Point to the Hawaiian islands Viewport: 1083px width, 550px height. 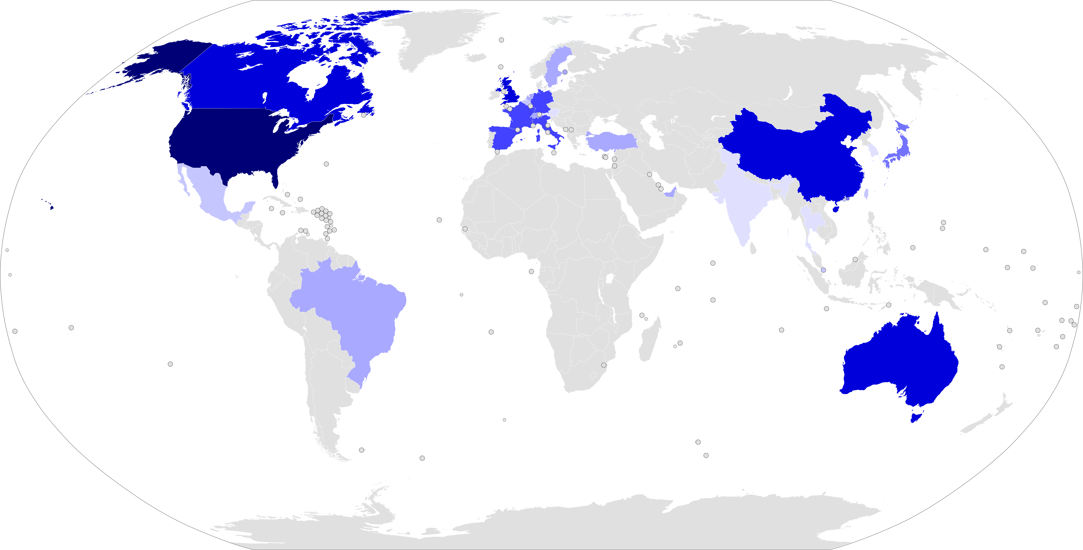(51, 207)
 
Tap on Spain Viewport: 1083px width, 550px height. (505, 137)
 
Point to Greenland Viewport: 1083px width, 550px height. (441, 42)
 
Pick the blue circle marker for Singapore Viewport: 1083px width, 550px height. (823, 270)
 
